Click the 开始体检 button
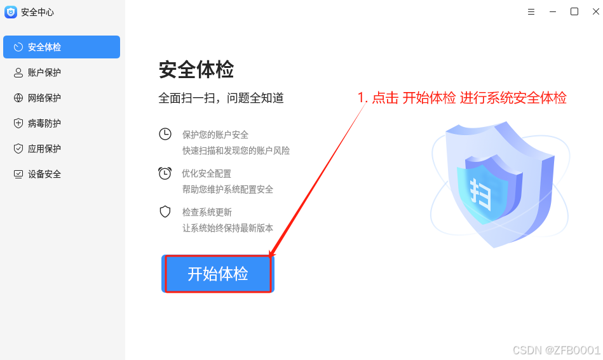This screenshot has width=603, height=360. (218, 274)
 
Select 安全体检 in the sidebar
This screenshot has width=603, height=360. (62, 47)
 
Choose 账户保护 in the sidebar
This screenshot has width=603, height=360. (44, 72)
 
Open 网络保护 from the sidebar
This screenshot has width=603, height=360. (44, 98)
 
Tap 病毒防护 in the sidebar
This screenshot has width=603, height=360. (44, 123)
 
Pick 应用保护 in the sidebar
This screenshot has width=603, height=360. (44, 149)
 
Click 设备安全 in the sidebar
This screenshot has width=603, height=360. (44, 174)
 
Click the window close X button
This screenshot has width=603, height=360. (595, 11)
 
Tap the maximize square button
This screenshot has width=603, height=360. (574, 11)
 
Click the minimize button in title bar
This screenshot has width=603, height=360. (553, 11)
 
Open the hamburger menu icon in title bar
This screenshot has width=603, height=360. (531, 11)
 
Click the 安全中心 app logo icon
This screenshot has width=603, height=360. (11, 12)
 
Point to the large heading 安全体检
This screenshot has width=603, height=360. (196, 70)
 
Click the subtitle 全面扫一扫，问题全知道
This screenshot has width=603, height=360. (221, 98)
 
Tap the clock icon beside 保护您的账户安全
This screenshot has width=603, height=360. (165, 134)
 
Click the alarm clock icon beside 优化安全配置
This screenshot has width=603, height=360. (165, 173)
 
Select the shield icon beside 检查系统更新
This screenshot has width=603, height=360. (165, 211)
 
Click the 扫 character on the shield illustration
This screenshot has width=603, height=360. (482, 193)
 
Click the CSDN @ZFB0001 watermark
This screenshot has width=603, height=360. (556, 350)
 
